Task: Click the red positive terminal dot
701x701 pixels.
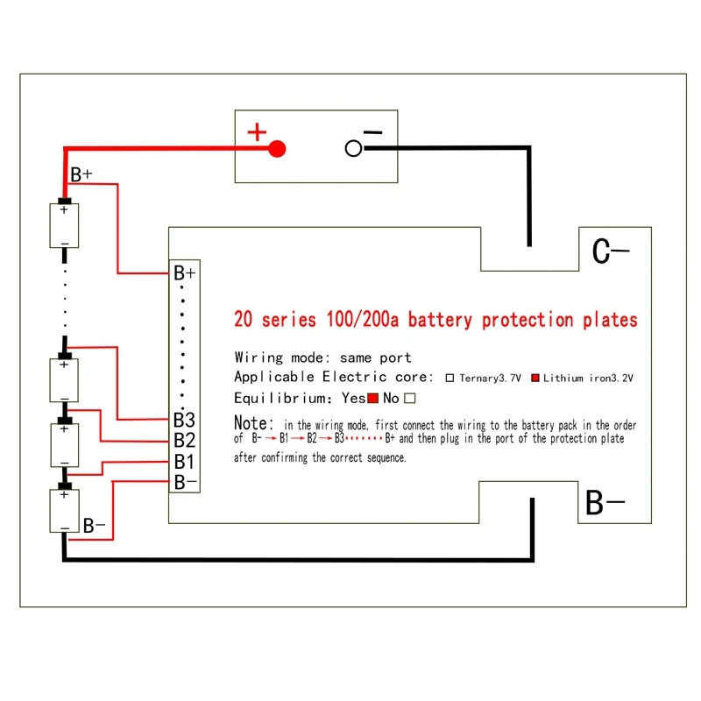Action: (x=277, y=148)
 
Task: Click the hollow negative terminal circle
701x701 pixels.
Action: (x=354, y=148)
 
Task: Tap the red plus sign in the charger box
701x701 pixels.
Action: (x=257, y=133)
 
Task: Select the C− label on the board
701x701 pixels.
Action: (x=611, y=252)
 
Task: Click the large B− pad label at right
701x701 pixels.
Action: (x=605, y=504)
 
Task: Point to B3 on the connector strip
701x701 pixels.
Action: (x=184, y=420)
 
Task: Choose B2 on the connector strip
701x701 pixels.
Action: (x=184, y=440)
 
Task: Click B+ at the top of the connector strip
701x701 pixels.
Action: (x=184, y=273)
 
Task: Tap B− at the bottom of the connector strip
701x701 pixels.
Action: (x=184, y=481)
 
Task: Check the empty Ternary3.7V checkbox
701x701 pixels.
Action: (x=450, y=379)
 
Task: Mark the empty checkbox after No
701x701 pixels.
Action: (x=408, y=399)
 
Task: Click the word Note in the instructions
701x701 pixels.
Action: (x=254, y=422)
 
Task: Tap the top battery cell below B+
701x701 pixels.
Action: (x=64, y=226)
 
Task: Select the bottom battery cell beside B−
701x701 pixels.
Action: (x=64, y=511)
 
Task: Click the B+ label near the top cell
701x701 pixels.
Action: (x=81, y=175)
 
